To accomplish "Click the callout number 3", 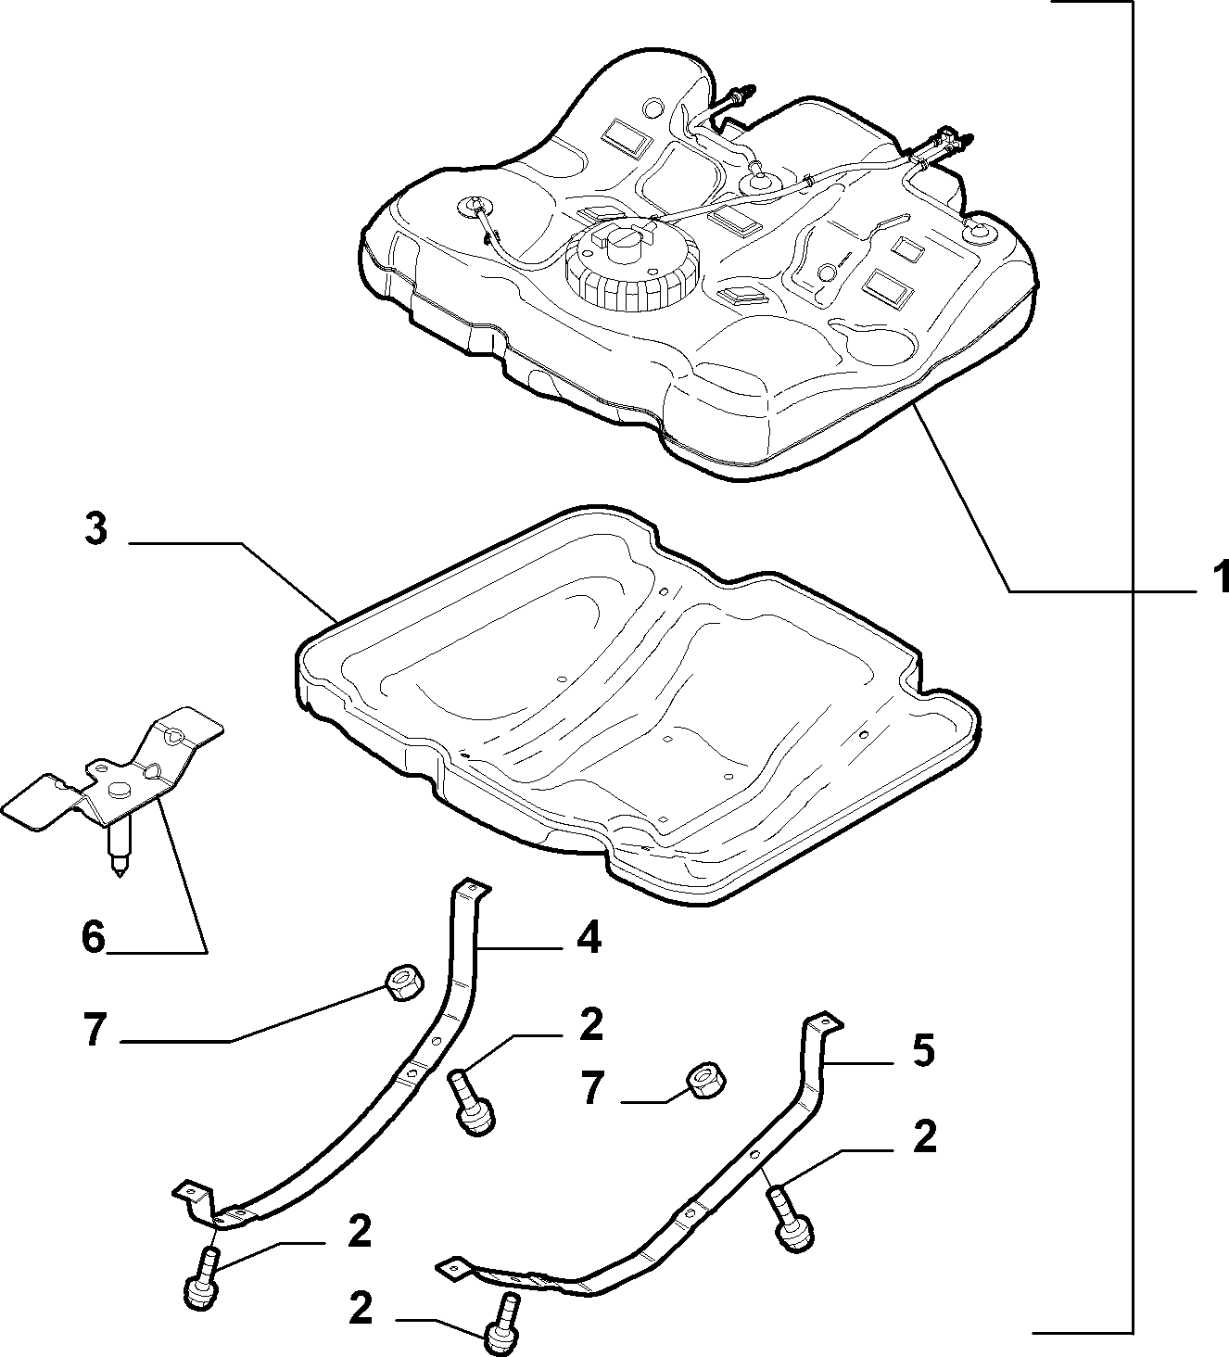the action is tap(96, 528).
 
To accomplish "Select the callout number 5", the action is tap(922, 1051).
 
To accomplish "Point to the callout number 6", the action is tap(94, 937).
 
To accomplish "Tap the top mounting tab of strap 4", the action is tap(473, 888).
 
